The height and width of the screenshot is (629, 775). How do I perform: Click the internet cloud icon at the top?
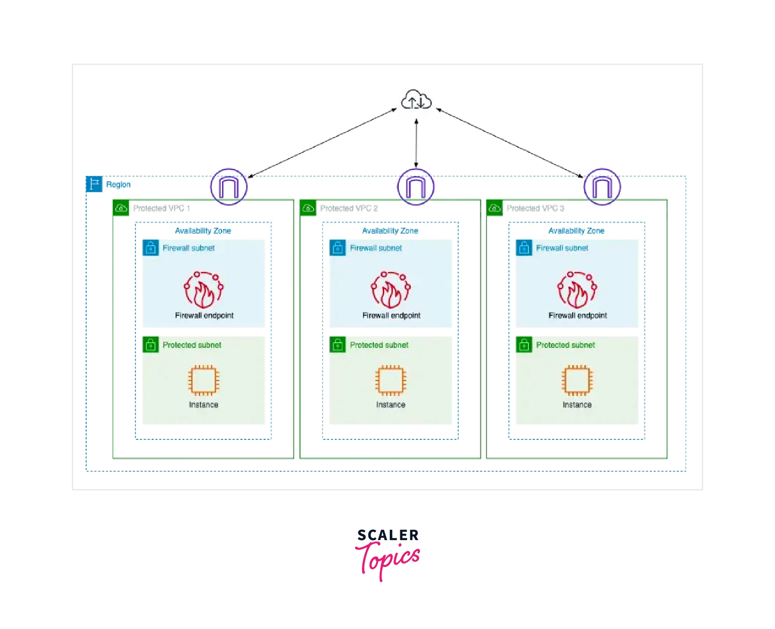click(416, 100)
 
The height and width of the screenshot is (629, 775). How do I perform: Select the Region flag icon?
click(94, 184)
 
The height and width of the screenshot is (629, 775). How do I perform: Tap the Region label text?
click(118, 185)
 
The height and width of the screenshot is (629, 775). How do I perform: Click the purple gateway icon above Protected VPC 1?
click(229, 187)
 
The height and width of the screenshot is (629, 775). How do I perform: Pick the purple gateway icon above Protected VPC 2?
click(416, 187)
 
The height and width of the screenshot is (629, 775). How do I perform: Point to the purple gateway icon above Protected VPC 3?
click(602, 187)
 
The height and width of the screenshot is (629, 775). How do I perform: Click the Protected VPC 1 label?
click(161, 208)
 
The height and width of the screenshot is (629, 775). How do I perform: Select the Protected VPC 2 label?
click(349, 208)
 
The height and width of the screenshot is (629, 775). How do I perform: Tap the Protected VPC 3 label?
click(535, 208)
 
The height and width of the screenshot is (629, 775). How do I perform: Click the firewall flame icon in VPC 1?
click(204, 290)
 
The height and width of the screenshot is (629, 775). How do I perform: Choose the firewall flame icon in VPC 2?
click(391, 290)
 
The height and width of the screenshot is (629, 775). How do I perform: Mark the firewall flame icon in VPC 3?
click(577, 290)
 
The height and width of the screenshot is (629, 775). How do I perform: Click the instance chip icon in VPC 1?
click(204, 380)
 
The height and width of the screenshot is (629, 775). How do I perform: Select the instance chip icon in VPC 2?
click(391, 380)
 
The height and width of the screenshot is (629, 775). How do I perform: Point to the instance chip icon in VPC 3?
click(577, 380)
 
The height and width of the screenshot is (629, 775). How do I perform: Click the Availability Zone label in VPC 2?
click(390, 231)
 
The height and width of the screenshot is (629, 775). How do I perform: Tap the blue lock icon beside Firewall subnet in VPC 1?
click(151, 248)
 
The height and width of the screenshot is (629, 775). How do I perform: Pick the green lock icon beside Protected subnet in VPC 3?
click(524, 345)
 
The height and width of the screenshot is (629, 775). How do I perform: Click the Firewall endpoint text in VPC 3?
click(578, 315)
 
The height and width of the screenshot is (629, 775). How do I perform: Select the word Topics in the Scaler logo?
click(388, 559)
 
